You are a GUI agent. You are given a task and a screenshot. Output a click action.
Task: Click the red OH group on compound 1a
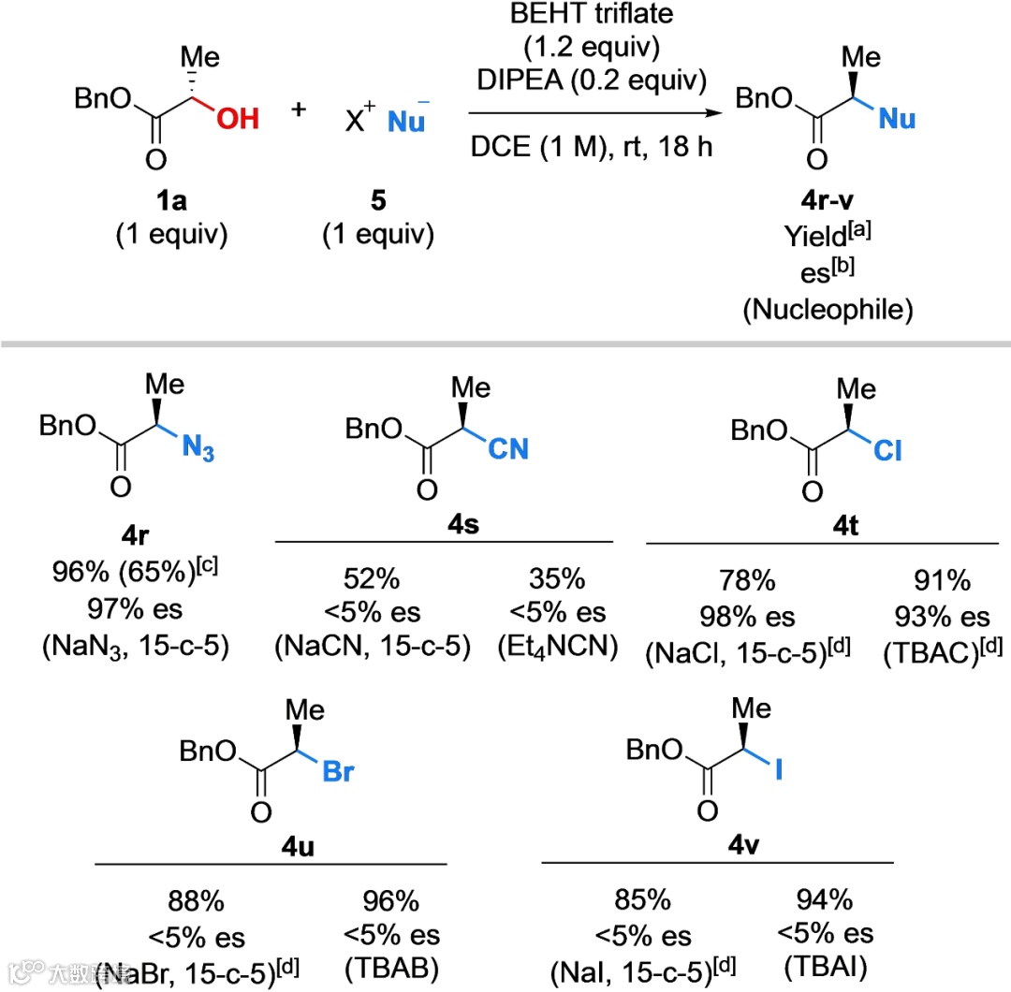[235, 119]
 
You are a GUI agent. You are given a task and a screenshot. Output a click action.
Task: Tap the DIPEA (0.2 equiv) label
[588, 80]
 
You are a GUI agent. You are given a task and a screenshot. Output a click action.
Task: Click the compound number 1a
[171, 199]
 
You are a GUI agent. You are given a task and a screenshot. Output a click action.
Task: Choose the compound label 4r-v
[827, 200]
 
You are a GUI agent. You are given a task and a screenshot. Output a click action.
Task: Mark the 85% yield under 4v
[636, 901]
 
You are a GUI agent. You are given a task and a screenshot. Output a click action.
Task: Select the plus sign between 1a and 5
[299, 109]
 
